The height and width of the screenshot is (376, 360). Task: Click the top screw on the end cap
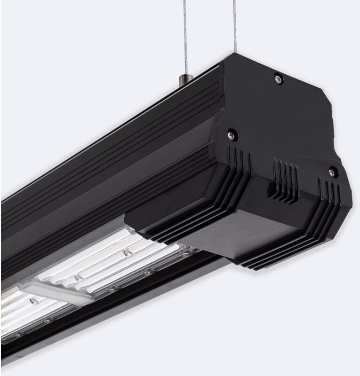point(279,79)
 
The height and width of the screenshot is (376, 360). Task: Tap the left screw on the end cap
point(231,135)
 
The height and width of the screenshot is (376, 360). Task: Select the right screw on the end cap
point(332,172)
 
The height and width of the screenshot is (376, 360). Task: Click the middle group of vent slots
point(284,177)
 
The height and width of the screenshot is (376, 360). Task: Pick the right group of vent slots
point(329,192)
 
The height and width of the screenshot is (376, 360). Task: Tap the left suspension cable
point(185,38)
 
